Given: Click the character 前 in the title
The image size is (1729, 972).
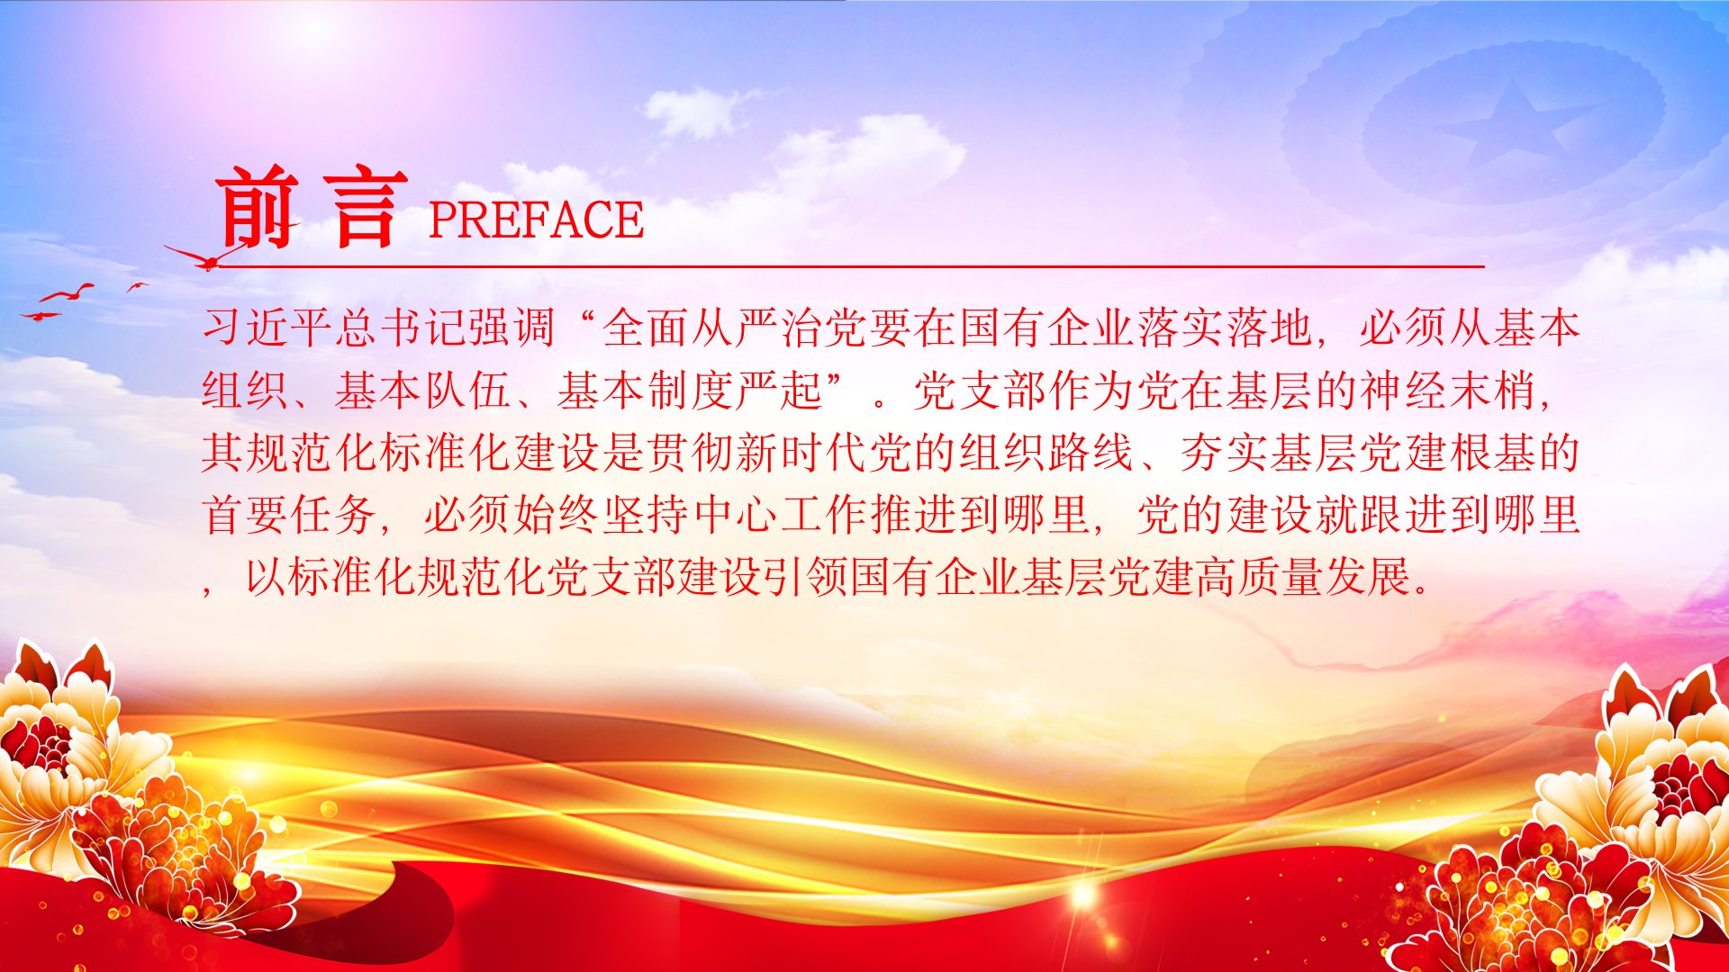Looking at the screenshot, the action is tap(258, 208).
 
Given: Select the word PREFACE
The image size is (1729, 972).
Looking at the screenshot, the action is tap(536, 220).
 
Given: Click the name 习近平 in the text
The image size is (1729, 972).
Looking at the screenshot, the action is tap(268, 327).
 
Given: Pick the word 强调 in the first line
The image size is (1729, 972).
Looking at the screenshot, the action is tap(512, 327).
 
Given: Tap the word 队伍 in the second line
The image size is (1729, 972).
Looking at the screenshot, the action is tap(468, 390).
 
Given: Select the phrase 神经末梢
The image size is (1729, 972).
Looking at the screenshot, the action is tap(1447, 390).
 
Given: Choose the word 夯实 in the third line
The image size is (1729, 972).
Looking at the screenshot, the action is tap(1224, 452).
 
